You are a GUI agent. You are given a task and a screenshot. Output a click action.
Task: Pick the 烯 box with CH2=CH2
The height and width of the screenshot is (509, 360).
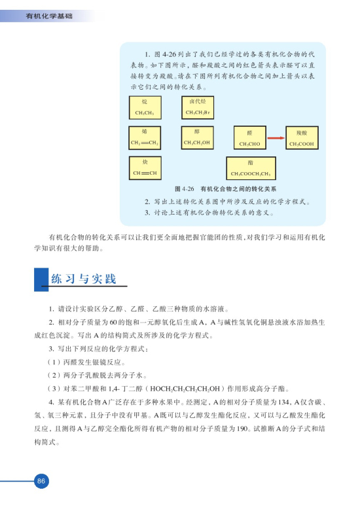click(145, 137)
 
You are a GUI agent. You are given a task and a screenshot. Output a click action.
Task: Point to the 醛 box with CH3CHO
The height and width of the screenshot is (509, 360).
click(249, 139)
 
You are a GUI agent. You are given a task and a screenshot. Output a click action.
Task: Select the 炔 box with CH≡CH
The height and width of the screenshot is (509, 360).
click(145, 168)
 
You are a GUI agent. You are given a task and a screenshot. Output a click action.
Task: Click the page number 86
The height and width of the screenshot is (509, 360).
click(41, 481)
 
